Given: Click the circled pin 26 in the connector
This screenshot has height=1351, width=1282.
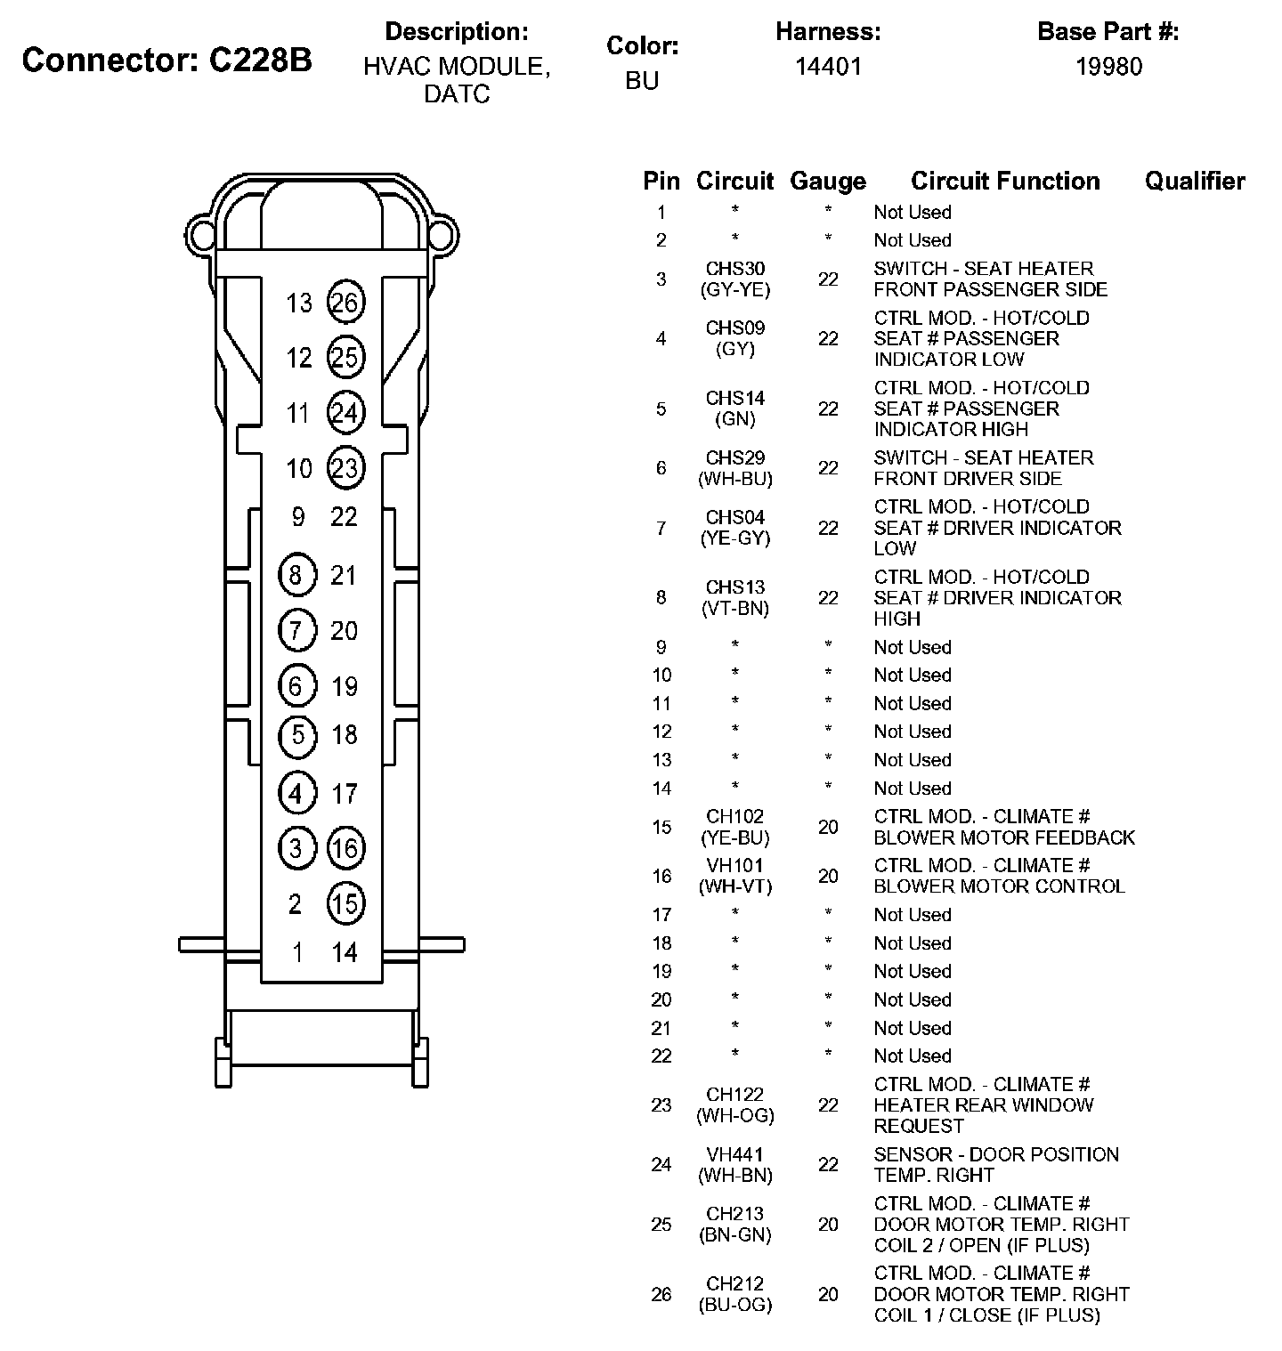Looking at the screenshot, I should pyautogui.click(x=345, y=303).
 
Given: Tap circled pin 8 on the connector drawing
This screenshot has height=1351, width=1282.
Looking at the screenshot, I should pyautogui.click(x=296, y=575).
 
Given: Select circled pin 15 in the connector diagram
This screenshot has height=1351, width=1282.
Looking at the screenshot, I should pyautogui.click(x=345, y=903).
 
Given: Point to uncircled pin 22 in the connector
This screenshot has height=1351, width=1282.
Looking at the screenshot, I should pyautogui.click(x=345, y=517).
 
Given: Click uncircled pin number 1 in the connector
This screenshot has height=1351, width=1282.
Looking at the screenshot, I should pyautogui.click(x=297, y=952).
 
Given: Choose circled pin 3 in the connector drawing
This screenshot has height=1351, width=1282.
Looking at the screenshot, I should pyautogui.click(x=296, y=848).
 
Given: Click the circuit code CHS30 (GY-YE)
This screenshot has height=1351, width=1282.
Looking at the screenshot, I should pyautogui.click(x=735, y=279).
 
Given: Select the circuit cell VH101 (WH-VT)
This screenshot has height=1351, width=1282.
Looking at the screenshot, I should pyautogui.click(x=735, y=876).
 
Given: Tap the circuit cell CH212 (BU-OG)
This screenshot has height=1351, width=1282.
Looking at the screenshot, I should pyautogui.click(x=735, y=1294).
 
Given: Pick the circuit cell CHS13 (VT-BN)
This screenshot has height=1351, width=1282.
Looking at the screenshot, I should pyautogui.click(x=735, y=597).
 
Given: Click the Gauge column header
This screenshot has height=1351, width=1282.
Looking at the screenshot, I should pyautogui.click(x=828, y=182).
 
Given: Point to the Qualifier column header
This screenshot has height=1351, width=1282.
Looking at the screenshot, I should pyautogui.click(x=1195, y=182).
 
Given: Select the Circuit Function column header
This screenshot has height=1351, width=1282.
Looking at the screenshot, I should pyautogui.click(x=1005, y=182).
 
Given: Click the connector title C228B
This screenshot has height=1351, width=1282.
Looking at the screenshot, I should pyautogui.click(x=167, y=60).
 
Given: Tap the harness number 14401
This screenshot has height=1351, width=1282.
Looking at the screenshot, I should pyautogui.click(x=828, y=66).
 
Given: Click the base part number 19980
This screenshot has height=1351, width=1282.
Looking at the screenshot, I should pyautogui.click(x=1108, y=66).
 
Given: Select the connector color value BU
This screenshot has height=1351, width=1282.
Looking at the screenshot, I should pyautogui.click(x=642, y=80).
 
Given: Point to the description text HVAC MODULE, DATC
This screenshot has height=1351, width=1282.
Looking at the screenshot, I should pyautogui.click(x=457, y=79).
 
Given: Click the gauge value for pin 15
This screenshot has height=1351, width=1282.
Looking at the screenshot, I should pyautogui.click(x=828, y=827).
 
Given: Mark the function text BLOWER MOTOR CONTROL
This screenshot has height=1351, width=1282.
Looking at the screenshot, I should pyautogui.click(x=999, y=886).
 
